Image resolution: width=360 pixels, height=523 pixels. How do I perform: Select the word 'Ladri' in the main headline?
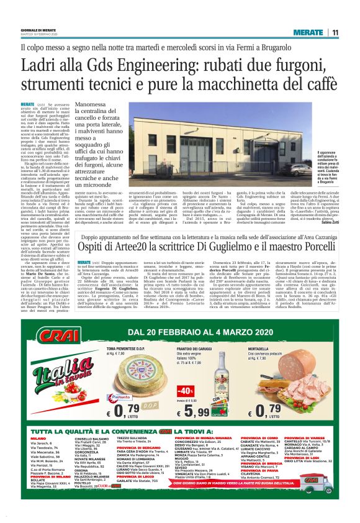pyautogui.click(x=42, y=65)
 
